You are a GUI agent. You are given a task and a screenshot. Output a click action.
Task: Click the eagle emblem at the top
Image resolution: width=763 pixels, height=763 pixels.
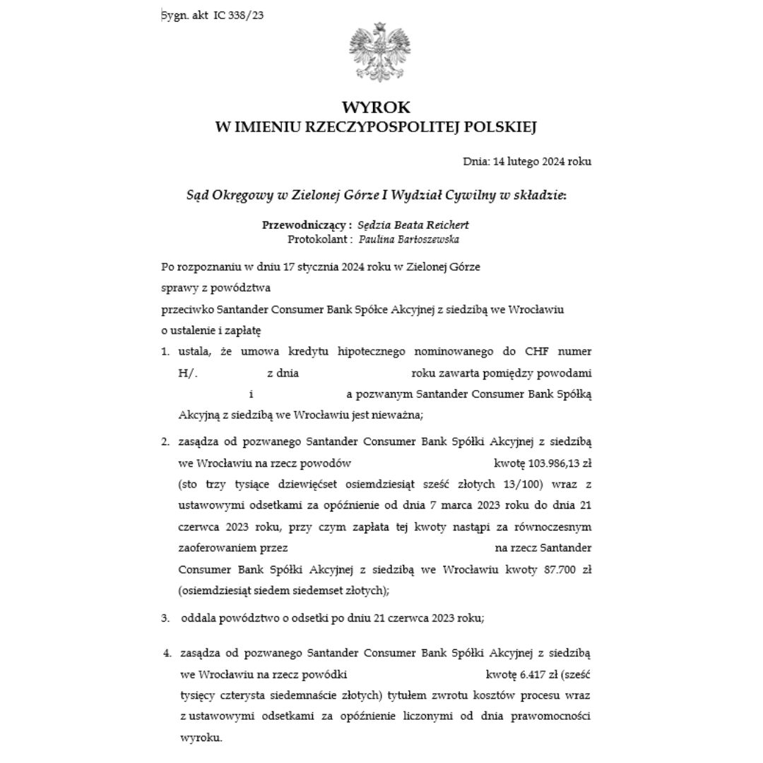(379, 53)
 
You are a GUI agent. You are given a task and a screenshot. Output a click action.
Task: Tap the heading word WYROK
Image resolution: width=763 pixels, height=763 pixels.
(376, 107)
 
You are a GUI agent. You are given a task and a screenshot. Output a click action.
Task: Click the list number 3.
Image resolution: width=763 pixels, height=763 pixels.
(165, 617)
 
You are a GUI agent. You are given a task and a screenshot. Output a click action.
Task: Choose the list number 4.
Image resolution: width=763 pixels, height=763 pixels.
(167, 653)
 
